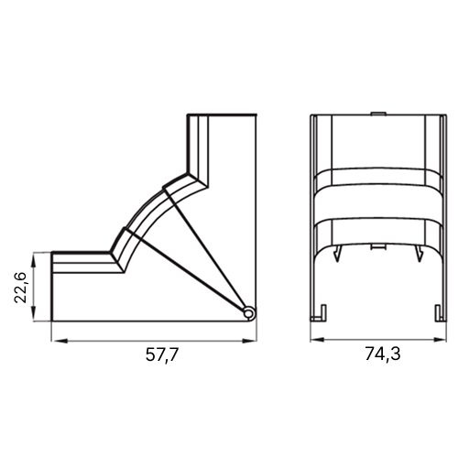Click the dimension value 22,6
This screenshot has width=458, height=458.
(x=21, y=287)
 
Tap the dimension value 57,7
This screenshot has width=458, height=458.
(x=161, y=354)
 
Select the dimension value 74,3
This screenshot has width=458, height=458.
(x=383, y=354)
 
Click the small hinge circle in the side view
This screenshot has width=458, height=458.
(x=249, y=313)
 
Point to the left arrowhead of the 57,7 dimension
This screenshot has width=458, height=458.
(x=60, y=341)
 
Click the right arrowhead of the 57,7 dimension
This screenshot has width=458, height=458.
(x=248, y=341)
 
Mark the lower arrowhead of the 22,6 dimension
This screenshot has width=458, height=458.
(x=34, y=313)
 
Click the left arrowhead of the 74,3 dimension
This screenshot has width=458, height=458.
(x=318, y=340)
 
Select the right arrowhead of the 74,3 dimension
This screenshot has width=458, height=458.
(x=439, y=340)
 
